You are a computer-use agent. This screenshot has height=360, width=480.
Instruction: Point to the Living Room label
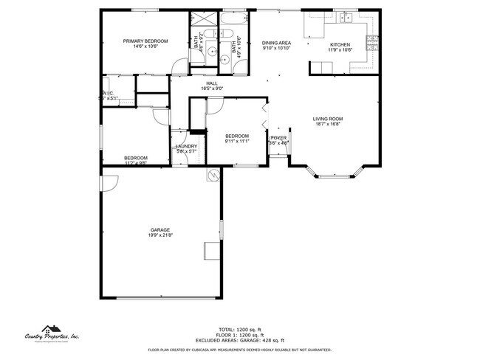326,121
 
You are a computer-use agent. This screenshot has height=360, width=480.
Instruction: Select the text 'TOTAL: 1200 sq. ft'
239,329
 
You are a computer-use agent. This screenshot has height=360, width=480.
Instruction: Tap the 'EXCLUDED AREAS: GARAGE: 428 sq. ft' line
239,339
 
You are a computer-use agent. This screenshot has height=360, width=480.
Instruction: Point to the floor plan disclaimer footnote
239,350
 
